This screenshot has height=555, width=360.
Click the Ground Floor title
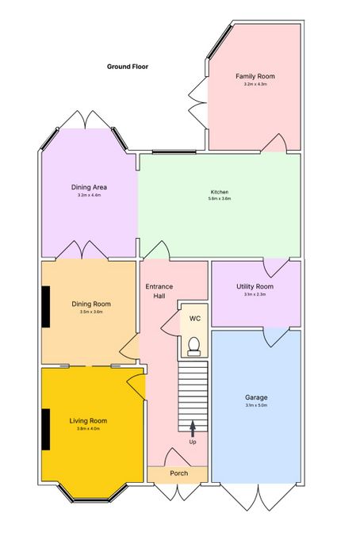coord(128,67)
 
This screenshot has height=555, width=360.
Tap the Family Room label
coord(255,76)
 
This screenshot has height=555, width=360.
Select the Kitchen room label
coord(220,192)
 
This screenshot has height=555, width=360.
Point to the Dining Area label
coord(89,187)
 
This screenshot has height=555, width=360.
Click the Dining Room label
coord(91,304)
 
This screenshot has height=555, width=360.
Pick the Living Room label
coord(88,421)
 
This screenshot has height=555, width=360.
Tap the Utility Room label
coord(255,287)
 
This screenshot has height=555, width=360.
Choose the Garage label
coord(256,397)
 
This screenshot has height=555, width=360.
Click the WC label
coord(195,319)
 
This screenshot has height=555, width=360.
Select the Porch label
coord(178,473)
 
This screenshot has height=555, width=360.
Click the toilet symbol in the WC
coord(193,346)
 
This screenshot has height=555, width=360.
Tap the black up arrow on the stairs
coord(193,429)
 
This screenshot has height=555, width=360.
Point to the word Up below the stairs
coord(193,442)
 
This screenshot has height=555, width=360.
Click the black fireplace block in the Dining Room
coord(46,307)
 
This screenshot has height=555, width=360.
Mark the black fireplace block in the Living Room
coord(46,430)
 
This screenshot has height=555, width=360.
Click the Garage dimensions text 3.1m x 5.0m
coord(256,405)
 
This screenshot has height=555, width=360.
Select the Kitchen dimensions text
coord(220,198)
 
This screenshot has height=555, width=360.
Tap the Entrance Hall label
coord(159,291)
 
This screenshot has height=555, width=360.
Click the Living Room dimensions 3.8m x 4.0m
coord(88,429)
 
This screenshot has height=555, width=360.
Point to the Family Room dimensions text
coord(255,84)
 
